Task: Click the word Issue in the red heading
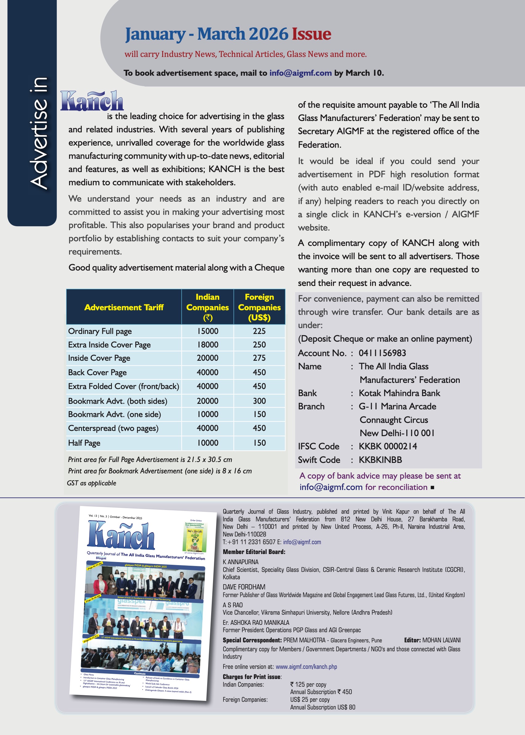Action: [x=311, y=34]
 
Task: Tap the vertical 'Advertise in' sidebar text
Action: [x=39, y=133]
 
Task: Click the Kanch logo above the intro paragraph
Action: [x=92, y=101]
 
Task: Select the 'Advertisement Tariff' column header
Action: [x=124, y=307]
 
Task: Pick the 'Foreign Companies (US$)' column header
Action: [x=259, y=307]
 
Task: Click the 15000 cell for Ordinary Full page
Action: [x=207, y=331]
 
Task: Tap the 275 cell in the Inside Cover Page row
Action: [x=259, y=358]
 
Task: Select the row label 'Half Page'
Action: [x=84, y=443]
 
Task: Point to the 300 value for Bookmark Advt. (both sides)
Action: [x=259, y=401]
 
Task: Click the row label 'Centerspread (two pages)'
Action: [x=113, y=428]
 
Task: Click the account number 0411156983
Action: [x=382, y=353]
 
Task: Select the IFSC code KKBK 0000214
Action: [x=388, y=446]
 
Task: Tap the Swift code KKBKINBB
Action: [x=380, y=460]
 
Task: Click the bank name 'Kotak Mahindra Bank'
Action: [x=399, y=393]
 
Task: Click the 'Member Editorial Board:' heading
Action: [x=254, y=552]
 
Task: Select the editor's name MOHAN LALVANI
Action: [x=441, y=640]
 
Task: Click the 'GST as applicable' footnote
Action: [x=92, y=483]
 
